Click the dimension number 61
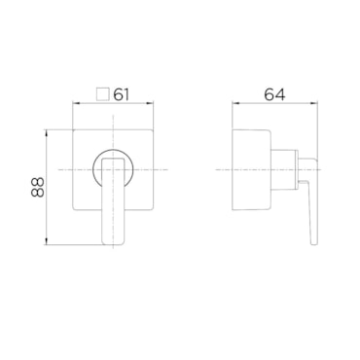[121, 94]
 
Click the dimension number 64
[274, 94]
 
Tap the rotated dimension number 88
[37, 188]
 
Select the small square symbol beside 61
[102, 94]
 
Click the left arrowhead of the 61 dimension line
[75, 104]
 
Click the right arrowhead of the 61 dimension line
[150, 104]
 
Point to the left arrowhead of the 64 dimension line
[235, 104]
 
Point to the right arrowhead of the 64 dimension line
[314, 104]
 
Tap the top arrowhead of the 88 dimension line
[47, 133]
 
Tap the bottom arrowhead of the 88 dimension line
[47, 241]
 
